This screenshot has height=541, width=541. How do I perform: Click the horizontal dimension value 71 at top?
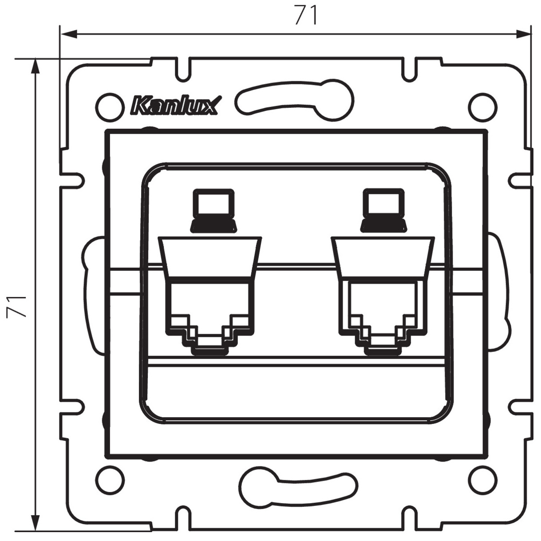[306, 16]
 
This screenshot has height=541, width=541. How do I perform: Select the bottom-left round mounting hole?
[109, 478]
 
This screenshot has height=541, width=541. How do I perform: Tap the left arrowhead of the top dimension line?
[67, 33]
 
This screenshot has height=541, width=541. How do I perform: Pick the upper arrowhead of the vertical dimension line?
[35, 67]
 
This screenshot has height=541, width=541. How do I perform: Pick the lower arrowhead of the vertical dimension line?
[35, 524]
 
